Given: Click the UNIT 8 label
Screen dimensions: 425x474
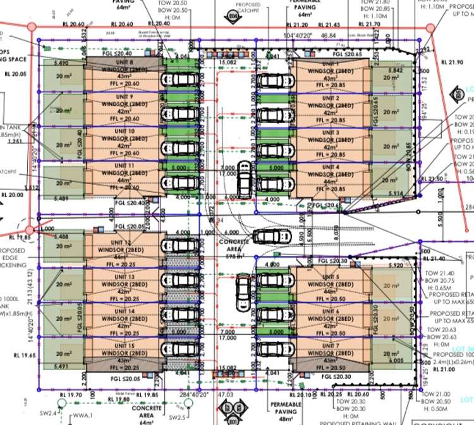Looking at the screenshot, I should click(x=123, y=63).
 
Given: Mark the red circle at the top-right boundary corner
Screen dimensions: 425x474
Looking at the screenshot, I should click(x=430, y=28).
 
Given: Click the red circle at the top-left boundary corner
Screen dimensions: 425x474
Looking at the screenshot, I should click(x=31, y=25).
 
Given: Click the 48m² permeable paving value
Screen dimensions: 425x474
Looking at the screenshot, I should click(x=286, y=419).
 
